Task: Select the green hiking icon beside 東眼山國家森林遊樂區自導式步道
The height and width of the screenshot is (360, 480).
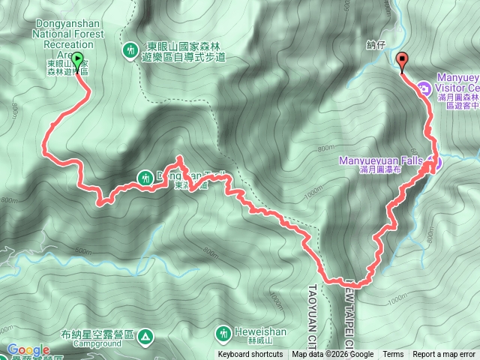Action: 130,49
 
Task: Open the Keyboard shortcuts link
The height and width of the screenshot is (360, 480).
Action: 250,355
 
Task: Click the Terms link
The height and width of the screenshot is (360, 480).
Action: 392,355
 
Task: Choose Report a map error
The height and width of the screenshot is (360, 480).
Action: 444,355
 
